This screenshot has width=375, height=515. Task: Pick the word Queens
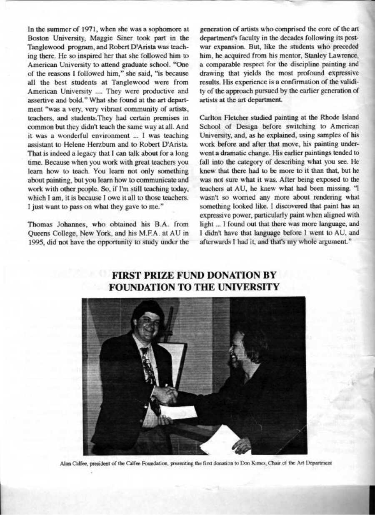(38, 234)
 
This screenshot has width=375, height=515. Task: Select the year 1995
(35, 243)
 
